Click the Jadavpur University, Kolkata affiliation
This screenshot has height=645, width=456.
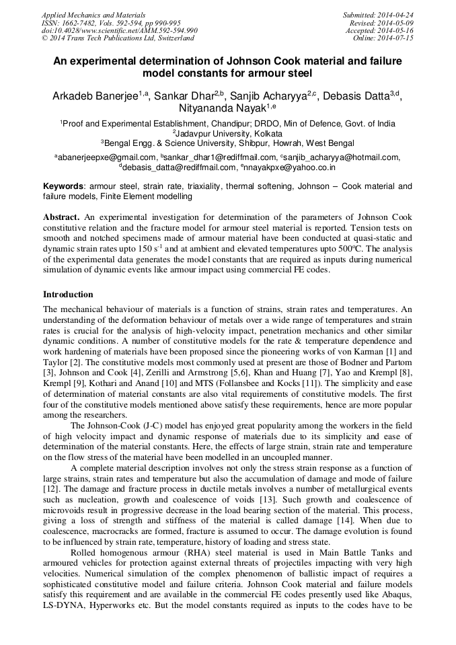228,133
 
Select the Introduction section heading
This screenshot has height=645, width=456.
68,295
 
